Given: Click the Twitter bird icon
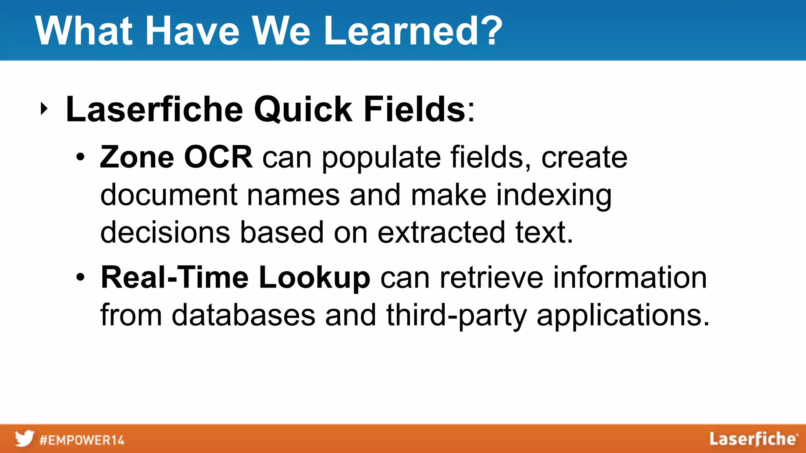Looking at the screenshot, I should tap(24, 438).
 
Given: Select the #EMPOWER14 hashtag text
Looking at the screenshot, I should tap(82, 440).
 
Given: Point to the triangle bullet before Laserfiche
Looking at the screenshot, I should tap(44, 109).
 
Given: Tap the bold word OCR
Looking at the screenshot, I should tap(218, 157).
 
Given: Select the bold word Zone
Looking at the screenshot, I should tap(137, 157).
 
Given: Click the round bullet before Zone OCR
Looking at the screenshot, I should tap(80, 158).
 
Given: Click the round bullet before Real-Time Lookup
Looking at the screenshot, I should tap(80, 278).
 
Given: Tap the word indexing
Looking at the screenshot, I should tap(553, 196).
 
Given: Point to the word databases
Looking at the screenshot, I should tap(243, 315).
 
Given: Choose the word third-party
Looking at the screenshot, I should tap(457, 316).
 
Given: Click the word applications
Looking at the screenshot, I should tap(623, 316).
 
